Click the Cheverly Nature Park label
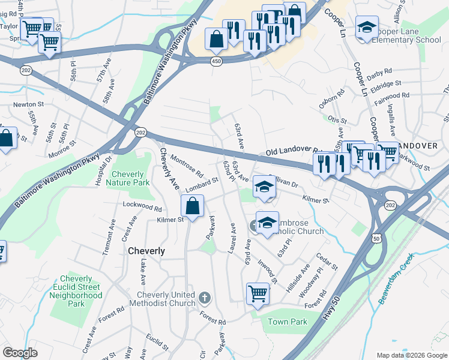[127, 178]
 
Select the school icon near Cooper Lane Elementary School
[367, 28]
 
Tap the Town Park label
[288, 322]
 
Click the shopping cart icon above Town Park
[258, 294]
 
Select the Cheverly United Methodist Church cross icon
[205, 297]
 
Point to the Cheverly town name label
[146, 251]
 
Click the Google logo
[20, 353]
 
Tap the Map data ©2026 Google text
[411, 355]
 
